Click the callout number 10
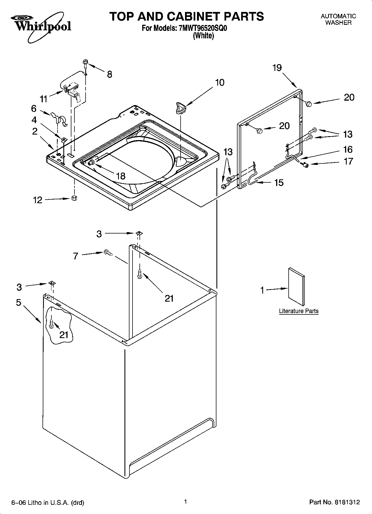[x=219, y=83]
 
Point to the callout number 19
[x=277, y=68]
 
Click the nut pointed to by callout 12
[x=74, y=198]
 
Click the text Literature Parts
[x=299, y=311]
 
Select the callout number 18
[x=121, y=176]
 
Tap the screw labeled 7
[x=108, y=252]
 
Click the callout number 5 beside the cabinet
[x=19, y=302]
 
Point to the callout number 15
[x=279, y=183]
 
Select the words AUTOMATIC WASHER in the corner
[x=338, y=19]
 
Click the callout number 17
[x=348, y=161]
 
